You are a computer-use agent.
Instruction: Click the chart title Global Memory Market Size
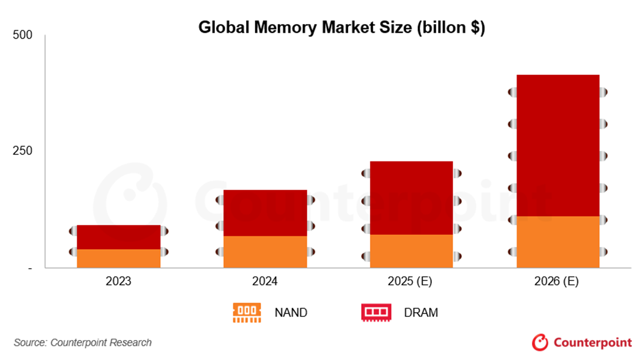[341, 28]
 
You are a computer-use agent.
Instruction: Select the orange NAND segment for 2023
[118, 258]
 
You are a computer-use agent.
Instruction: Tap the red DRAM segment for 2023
[118, 237]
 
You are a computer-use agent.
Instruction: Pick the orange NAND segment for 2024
[265, 252]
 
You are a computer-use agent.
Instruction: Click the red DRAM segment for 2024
[265, 213]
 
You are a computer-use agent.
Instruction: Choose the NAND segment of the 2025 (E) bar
[411, 251]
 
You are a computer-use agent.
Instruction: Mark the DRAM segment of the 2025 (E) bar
[411, 198]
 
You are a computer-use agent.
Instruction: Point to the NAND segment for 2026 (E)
[558, 242]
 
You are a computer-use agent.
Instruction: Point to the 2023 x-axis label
[118, 281]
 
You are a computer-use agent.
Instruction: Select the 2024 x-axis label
[265, 281]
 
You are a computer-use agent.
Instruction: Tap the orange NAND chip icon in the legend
[247, 312]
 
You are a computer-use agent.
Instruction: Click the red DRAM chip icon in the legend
[376, 312]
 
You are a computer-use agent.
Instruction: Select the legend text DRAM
[421, 313]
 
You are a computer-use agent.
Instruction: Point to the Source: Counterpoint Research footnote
[83, 342]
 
